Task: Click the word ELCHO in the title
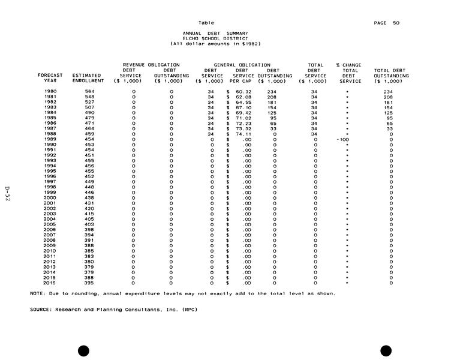pos(181,38)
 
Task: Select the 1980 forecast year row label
pos(50,91)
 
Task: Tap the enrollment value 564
pos(89,91)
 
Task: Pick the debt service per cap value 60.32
pos(243,91)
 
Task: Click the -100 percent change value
pos(342,139)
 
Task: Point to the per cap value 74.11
pos(243,134)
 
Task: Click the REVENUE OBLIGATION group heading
pos(151,65)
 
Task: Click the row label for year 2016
pos(50,282)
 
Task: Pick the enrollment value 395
pos(89,282)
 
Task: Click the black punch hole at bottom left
pos(84,350)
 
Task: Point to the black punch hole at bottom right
pos(386,350)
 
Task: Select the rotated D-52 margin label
pos(8,193)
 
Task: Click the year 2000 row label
pos(50,197)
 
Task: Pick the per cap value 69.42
pos(243,113)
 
